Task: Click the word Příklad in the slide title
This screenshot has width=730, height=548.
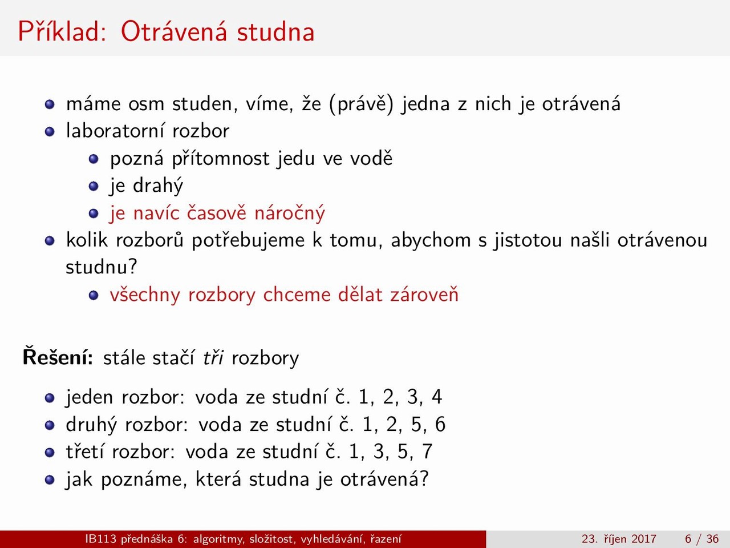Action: point(62,31)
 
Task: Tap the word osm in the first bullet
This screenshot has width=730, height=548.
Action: point(147,104)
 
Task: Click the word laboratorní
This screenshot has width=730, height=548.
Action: point(115,130)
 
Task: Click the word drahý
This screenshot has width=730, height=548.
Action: point(158,186)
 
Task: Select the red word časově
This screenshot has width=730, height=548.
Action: point(217,212)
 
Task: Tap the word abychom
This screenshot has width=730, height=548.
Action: point(431,240)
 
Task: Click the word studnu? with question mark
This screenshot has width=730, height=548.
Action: point(102,267)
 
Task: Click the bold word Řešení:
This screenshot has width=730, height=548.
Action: point(58,357)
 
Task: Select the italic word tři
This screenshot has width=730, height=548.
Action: point(213,358)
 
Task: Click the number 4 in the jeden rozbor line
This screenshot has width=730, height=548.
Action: point(437,397)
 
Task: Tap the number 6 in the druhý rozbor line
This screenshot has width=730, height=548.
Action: point(440,425)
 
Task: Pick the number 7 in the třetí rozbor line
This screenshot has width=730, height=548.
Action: point(427,452)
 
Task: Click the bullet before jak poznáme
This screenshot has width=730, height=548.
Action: point(50,480)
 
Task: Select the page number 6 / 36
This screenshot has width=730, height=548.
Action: point(701,539)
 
